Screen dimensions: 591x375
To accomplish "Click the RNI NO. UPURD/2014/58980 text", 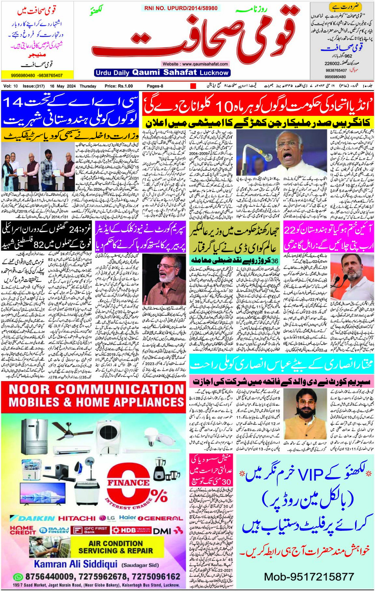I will pyautogui.click(x=181, y=8).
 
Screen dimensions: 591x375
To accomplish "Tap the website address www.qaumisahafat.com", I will pyautogui.click(x=195, y=64).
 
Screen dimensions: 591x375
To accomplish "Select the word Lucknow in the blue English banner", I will pyautogui.click(x=214, y=73).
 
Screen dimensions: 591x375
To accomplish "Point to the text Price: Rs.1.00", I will pyautogui.click(x=119, y=86).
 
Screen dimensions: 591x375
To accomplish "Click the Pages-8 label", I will pyautogui.click(x=155, y=86).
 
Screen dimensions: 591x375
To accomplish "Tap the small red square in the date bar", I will pyautogui.click(x=193, y=86).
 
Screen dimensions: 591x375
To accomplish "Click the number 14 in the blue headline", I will pyautogui.click(x=13, y=102).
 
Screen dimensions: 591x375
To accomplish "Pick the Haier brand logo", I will pyautogui.click(x=127, y=518).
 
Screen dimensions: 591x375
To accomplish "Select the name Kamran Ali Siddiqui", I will pyautogui.click(x=75, y=564).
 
